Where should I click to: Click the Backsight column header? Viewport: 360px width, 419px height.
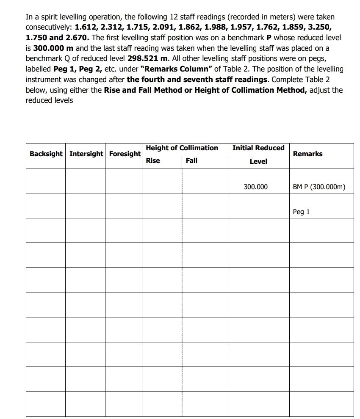(46, 154)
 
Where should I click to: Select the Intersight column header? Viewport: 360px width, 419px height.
(86, 154)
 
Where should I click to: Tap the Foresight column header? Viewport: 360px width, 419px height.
(125, 154)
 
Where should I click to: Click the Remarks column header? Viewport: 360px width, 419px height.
(307, 154)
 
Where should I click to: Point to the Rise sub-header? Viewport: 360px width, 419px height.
(153, 161)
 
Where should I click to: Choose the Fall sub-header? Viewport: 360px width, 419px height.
(191, 161)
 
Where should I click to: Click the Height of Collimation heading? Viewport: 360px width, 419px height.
(182, 148)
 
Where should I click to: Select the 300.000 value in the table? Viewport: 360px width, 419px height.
(256, 186)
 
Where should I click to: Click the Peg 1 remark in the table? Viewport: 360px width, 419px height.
(301, 212)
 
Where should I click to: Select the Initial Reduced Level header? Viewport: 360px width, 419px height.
(258, 154)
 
